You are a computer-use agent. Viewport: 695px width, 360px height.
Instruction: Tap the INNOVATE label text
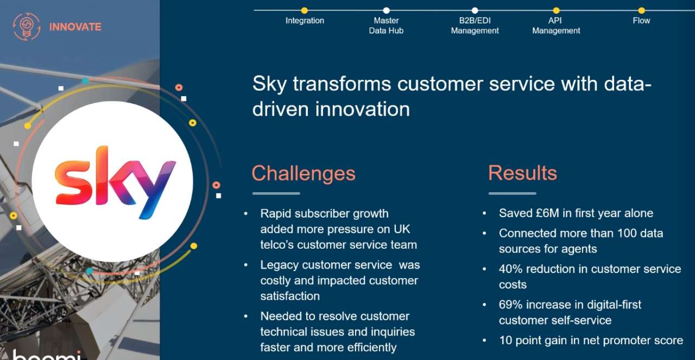75,27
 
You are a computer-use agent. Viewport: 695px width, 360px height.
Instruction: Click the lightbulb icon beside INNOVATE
27,27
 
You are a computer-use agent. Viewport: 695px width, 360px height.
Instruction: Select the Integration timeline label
305,21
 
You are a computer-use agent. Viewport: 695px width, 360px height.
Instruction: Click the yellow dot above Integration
305,10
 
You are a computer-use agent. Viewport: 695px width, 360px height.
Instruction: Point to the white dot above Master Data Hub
386,10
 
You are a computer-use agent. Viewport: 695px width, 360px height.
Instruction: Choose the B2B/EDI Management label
475,26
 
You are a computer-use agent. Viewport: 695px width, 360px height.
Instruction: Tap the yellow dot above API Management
557,10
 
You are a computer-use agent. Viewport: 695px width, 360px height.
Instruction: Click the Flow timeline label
641,21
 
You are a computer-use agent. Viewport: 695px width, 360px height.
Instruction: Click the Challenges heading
304,173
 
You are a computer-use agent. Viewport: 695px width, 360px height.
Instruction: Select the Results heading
522,173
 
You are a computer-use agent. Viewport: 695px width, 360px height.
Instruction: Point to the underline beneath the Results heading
512,193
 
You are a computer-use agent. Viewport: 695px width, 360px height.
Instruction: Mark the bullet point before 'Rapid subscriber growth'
246,214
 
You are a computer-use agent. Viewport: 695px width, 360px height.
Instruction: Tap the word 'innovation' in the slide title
362,109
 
